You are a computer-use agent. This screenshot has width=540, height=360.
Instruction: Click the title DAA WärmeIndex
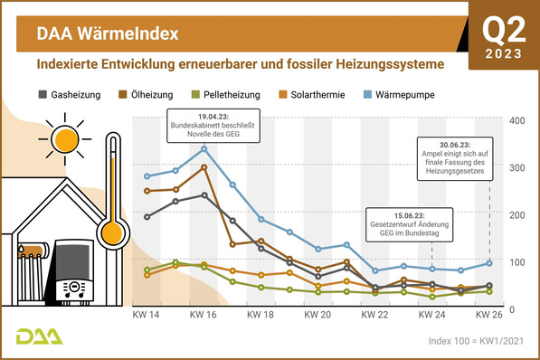point(107,34)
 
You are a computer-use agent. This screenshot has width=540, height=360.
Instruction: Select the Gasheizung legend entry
point(77,94)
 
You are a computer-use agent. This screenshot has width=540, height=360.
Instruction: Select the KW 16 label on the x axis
point(204,317)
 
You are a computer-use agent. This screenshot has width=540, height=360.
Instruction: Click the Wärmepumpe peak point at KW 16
point(204,149)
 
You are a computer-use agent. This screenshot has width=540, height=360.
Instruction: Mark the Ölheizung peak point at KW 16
point(204,167)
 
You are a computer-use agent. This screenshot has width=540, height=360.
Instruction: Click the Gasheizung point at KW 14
point(147,217)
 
